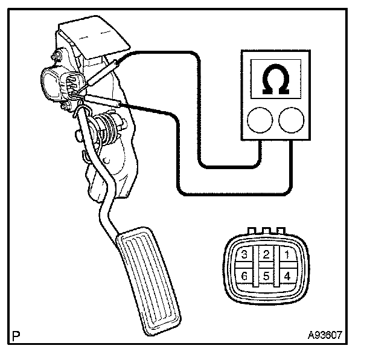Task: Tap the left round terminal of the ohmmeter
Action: [x=258, y=120]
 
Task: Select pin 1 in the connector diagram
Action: [x=288, y=254]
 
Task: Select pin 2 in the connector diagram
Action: [x=266, y=254]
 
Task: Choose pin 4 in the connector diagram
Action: [x=288, y=276]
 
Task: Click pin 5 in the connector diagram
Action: [x=266, y=276]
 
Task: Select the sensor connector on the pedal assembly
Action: [x=59, y=84]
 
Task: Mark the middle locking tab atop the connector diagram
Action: [x=265, y=230]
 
